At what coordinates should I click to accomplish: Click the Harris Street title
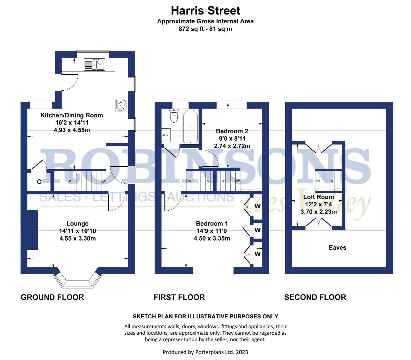tap(205, 11)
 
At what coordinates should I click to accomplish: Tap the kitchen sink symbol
tap(94, 64)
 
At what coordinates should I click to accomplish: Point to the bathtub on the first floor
tap(190, 127)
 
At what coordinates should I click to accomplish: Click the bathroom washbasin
tap(166, 135)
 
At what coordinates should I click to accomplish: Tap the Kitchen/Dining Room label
tap(71, 115)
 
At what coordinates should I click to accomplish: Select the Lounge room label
tap(77, 224)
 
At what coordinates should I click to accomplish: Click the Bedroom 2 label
tap(232, 131)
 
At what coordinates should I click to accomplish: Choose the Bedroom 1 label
tap(212, 224)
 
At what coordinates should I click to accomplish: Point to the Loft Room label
tap(318, 197)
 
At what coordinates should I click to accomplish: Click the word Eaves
tap(337, 247)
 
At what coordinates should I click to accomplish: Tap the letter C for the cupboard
tap(39, 182)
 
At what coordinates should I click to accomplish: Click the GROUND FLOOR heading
tap(52, 297)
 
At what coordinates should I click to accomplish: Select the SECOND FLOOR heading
tap(315, 297)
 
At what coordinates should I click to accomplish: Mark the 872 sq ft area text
tap(205, 29)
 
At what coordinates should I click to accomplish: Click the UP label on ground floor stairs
tap(104, 182)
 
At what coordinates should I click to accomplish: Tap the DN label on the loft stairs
tap(318, 181)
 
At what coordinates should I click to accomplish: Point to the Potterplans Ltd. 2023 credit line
tap(205, 352)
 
